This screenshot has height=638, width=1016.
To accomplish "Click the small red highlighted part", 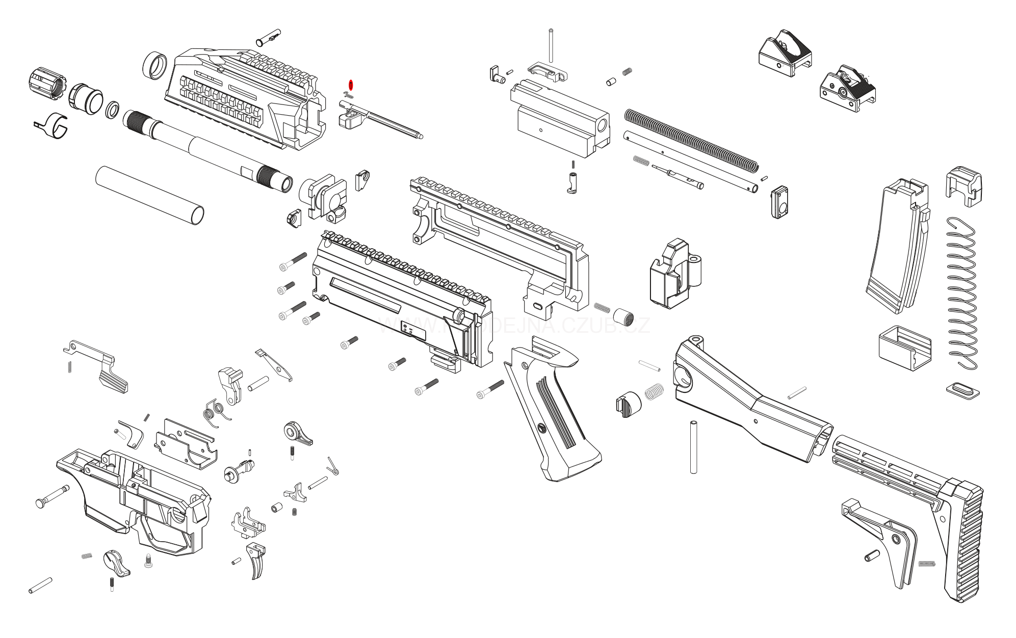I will pyautogui.click(x=350, y=84).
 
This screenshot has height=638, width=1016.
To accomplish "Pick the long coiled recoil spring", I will pyautogui.click(x=691, y=138).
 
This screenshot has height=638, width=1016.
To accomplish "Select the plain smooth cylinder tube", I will pyautogui.click(x=149, y=195).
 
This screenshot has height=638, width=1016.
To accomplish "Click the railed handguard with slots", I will pyautogui.click(x=245, y=97).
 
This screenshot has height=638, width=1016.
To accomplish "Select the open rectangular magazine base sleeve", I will pyautogui.click(x=904, y=348).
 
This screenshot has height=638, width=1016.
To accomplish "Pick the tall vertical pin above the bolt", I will pyautogui.click(x=552, y=46).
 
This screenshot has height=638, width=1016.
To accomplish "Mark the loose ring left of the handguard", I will pyautogui.click(x=154, y=65).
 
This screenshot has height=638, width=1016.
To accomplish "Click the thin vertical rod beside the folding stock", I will pyautogui.click(x=693, y=447).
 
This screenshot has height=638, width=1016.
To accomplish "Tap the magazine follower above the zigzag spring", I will pyautogui.click(x=963, y=185).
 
